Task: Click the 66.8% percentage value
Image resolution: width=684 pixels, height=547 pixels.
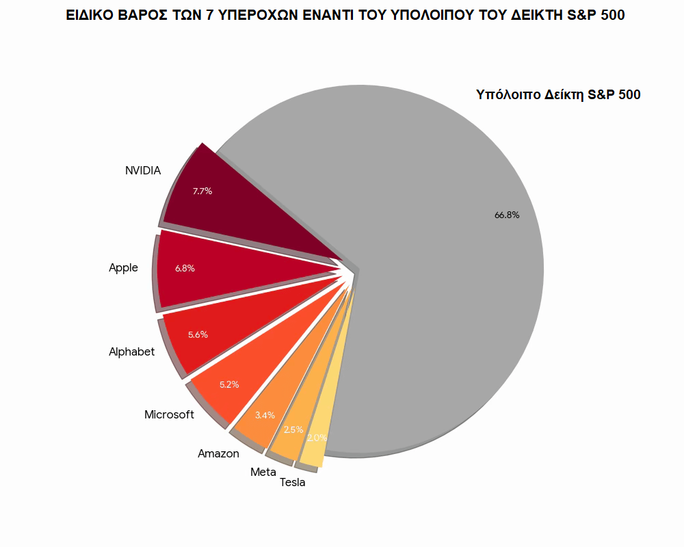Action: (x=507, y=215)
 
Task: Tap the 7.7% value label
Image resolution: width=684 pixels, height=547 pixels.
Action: (x=202, y=191)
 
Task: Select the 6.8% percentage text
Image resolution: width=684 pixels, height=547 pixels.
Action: (x=185, y=269)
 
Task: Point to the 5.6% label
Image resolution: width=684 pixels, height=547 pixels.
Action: (x=198, y=334)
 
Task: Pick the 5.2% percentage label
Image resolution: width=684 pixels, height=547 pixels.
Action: (x=229, y=384)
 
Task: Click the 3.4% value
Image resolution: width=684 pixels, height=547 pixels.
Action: (x=265, y=415)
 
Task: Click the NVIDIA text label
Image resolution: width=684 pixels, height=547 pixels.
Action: (x=143, y=171)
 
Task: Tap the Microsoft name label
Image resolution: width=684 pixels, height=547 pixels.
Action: (x=169, y=415)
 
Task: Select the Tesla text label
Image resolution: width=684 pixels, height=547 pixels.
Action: (x=293, y=483)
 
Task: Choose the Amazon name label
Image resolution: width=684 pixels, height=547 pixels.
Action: (x=218, y=453)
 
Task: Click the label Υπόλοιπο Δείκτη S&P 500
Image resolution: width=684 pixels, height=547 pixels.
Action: (x=558, y=95)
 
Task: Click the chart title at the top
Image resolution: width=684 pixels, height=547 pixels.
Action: (x=345, y=15)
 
